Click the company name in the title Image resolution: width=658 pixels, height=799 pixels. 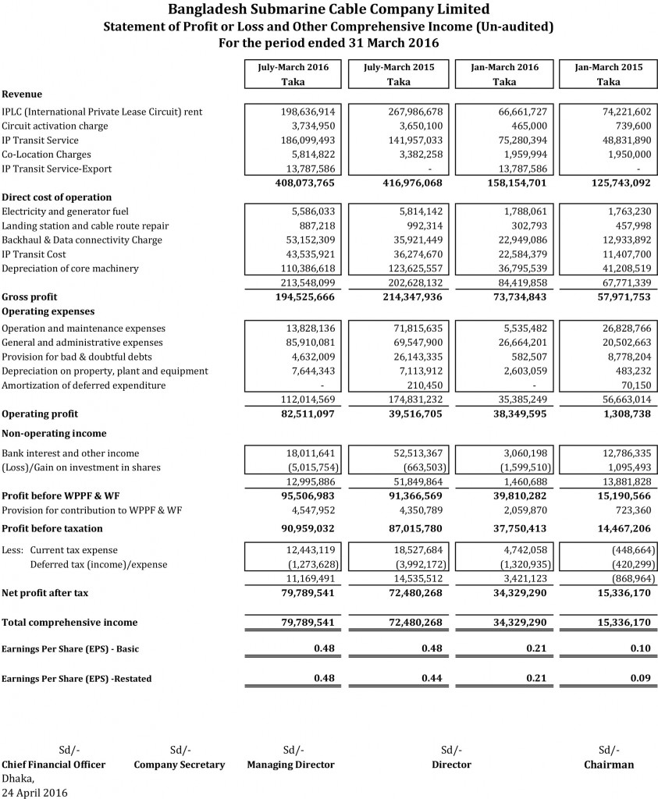329,9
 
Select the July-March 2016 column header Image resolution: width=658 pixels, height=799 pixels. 293,67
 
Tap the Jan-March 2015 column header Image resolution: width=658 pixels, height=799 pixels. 608,67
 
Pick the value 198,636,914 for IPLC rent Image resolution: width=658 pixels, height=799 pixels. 307,112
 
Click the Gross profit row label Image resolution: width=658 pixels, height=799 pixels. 30,297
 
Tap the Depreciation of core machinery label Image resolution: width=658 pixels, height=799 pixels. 70,269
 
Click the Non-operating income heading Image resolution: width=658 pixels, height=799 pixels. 54,434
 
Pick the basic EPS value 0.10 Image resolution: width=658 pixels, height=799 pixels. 640,649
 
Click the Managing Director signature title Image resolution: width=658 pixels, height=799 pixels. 290,765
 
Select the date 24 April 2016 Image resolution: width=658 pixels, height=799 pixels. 34,793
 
